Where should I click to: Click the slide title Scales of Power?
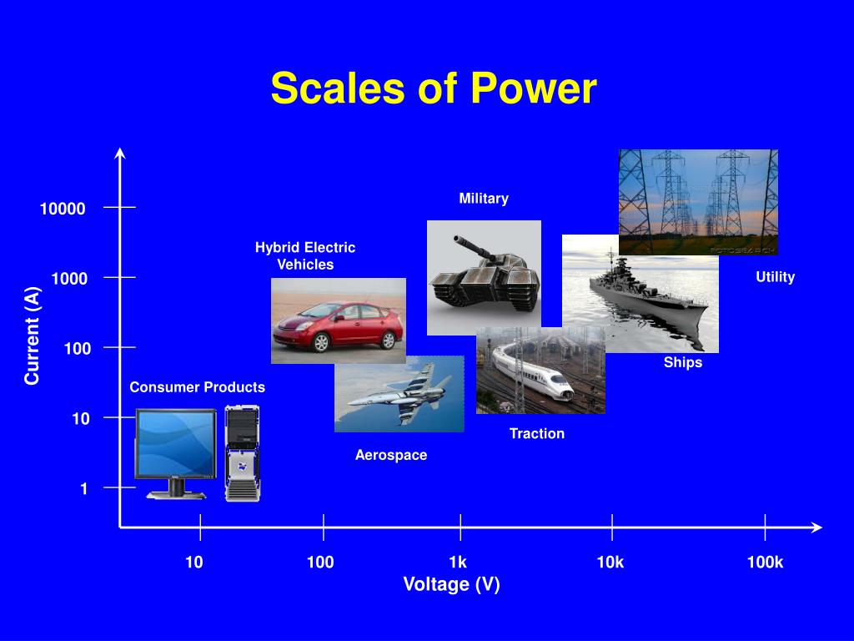pos(434,88)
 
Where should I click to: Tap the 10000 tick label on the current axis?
pos(63,209)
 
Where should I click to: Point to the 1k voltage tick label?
pos(458,562)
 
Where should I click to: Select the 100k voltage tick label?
pos(765,562)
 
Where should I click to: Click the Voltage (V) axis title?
pos(451,584)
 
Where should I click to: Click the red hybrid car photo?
pos(338,321)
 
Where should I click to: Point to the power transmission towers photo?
pos(698,201)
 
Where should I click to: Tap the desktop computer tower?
pos(242,453)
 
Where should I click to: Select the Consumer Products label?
pos(197,387)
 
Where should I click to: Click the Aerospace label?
pos(391,455)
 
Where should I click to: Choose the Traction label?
pos(537,433)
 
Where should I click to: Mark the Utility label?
pos(776,277)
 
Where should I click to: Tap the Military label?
pos(484,199)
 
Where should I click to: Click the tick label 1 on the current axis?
pos(83,489)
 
